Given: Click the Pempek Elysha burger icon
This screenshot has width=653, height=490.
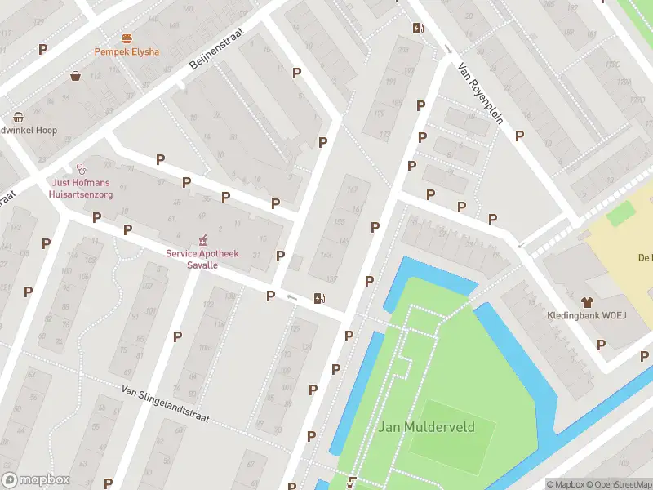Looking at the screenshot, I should pyautogui.click(x=127, y=38).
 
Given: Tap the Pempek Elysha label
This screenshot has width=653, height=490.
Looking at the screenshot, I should pyautogui.click(x=127, y=51).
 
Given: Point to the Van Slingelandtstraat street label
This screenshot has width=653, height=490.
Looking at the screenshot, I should pyautogui.click(x=165, y=405).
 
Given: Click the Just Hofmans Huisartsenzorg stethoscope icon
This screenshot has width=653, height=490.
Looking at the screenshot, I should pyautogui.click(x=81, y=169).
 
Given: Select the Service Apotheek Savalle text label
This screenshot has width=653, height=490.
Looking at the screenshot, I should pyautogui.click(x=202, y=259).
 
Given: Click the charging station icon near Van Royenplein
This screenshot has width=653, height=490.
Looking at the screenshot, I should pyautogui.click(x=418, y=29).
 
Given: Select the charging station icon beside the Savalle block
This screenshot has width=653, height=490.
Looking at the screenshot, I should pyautogui.click(x=318, y=299).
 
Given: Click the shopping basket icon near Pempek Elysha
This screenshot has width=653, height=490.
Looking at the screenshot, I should pyautogui.click(x=76, y=76).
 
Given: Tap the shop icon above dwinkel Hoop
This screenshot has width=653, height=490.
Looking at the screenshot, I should pyautogui.click(x=18, y=118).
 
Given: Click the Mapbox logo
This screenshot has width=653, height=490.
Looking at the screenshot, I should pyautogui.click(x=36, y=480).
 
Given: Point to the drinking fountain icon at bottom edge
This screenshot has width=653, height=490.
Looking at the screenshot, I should pyautogui.click(x=352, y=482).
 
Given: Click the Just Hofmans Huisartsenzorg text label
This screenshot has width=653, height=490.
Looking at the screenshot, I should pyautogui.click(x=82, y=189).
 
